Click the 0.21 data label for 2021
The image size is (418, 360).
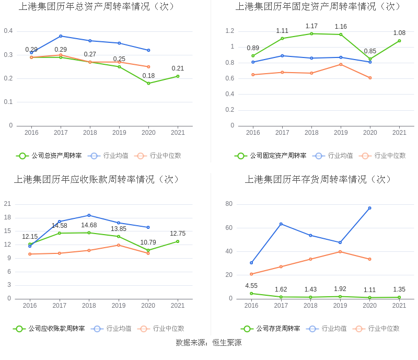coord(178,68)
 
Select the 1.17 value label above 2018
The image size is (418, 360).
coord(311,26)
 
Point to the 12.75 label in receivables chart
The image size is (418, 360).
coord(178,234)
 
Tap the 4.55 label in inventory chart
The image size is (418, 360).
coord(251,286)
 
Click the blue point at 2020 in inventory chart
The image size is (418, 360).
coord(370,208)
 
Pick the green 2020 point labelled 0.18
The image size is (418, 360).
coord(148,83)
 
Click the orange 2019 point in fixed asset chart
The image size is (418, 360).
coord(341,64)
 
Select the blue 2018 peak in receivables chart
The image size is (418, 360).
coord(89,215)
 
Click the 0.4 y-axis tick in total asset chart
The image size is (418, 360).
coord(8,31)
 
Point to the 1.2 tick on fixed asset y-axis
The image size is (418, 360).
coord(230,31)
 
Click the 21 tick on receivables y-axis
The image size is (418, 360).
coord(8,204)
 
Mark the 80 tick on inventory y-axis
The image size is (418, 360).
coord(229,204)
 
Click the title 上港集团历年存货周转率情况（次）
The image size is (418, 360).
coord(318,180)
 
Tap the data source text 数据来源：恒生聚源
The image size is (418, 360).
coord(208,343)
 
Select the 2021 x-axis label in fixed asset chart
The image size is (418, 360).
coord(399,133)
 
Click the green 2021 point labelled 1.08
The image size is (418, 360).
coord(399,41)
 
